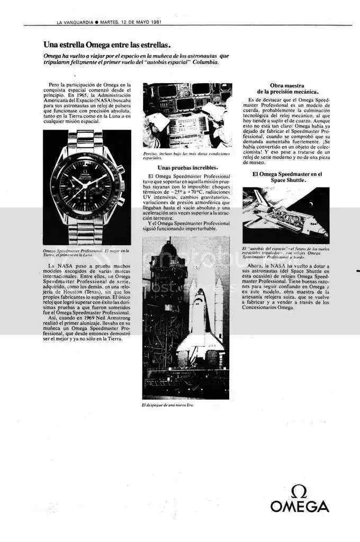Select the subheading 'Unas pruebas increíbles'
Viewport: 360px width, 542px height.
tap(187, 168)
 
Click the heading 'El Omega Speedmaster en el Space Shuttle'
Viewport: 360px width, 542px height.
tap(286, 177)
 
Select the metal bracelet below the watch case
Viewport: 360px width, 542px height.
tap(85, 232)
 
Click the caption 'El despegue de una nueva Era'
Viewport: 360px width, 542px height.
tap(169, 405)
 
